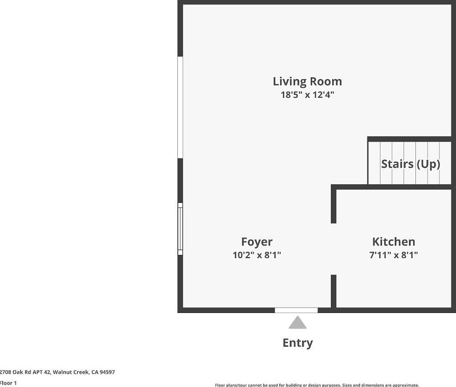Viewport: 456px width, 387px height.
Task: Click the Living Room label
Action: (307, 81)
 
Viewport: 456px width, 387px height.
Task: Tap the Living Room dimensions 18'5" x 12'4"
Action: (307, 95)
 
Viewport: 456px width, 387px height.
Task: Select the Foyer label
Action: (257, 242)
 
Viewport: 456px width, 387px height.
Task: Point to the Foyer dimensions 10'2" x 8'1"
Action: (257, 255)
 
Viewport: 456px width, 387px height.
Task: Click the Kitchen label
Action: (393, 242)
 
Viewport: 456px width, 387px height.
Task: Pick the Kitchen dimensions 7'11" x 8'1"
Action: (393, 255)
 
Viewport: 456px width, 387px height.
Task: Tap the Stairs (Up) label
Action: (410, 164)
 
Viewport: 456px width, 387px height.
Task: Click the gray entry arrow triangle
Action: (297, 323)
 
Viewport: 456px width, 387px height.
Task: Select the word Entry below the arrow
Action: (297, 343)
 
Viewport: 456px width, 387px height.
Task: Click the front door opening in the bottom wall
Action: (296, 310)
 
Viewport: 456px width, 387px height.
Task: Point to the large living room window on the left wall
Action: (180, 107)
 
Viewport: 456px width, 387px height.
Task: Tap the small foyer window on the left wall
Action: (180, 229)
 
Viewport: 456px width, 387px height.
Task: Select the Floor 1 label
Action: (8, 383)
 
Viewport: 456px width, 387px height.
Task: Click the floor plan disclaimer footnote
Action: (317, 385)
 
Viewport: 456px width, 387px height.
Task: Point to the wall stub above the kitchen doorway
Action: (334, 206)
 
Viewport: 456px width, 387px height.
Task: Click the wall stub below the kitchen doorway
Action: (334, 291)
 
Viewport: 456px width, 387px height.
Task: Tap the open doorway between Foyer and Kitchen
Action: (334, 249)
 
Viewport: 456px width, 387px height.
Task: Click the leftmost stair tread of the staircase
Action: (375, 163)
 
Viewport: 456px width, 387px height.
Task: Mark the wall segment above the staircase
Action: (409, 139)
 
